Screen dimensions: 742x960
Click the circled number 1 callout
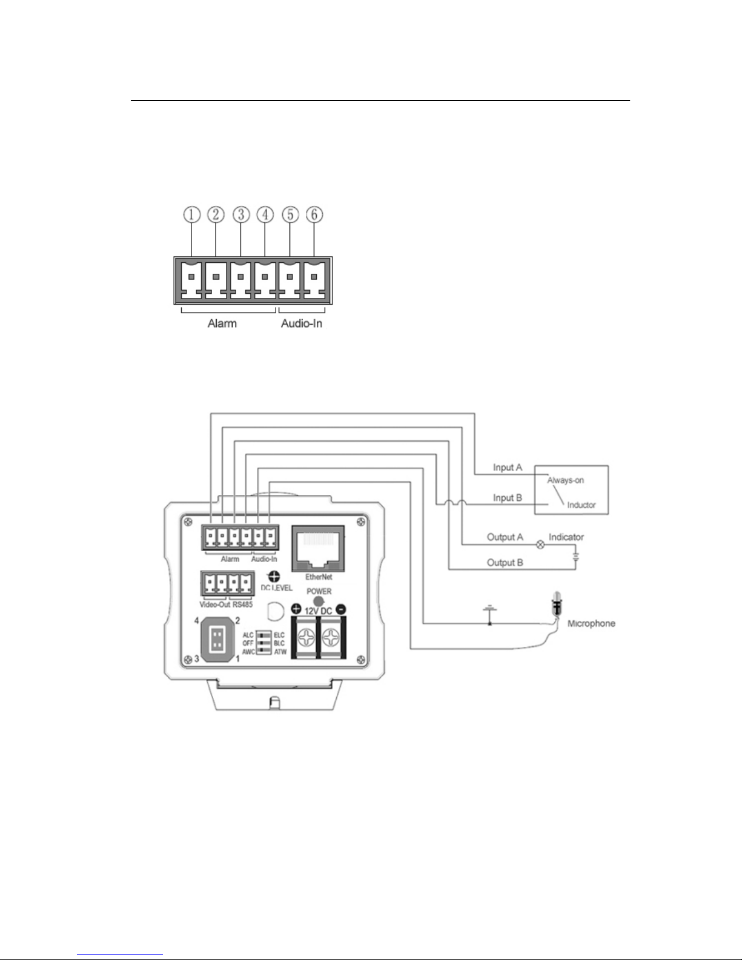pos(192,214)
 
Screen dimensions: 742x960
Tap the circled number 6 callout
pos(315,214)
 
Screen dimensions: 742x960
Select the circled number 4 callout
pos(265,214)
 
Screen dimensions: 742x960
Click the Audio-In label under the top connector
pos(302,323)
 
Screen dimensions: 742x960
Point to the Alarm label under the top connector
pos(222,323)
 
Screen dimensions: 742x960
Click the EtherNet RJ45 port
pos(318,548)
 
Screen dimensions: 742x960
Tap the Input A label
pos(508,468)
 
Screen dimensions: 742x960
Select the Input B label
pos(508,498)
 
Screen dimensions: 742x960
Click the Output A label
pos(505,537)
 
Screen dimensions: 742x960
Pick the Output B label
pos(505,563)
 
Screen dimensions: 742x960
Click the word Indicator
pos(566,537)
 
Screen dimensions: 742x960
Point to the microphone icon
pos(555,606)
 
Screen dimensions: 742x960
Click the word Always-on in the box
pos(566,480)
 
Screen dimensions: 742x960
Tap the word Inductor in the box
pos(581,505)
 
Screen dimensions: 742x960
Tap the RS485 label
pos(242,604)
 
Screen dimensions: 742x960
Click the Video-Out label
pos(214,604)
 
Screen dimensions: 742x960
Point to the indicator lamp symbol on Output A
pos(542,545)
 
